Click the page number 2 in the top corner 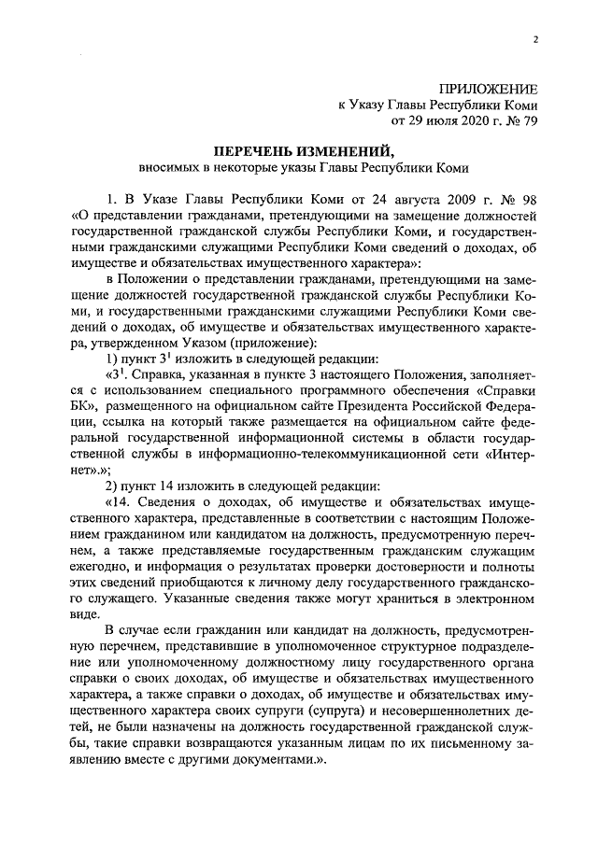535,38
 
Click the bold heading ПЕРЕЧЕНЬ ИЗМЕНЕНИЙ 297,150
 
